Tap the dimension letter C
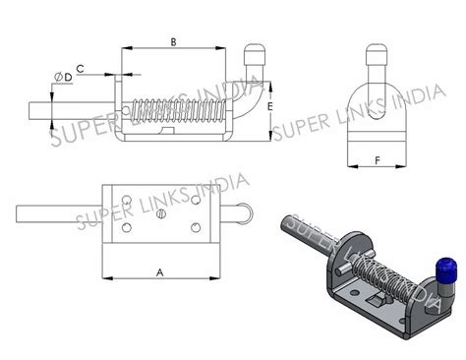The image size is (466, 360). click(80, 67)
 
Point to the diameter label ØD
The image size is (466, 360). click(62, 77)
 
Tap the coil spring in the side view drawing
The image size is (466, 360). click(187, 108)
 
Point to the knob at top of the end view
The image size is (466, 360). click(378, 55)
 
